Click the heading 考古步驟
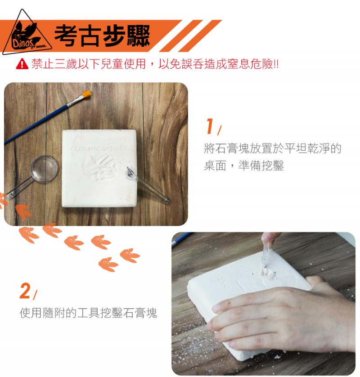[x=103, y=36]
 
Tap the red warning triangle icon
[x=22, y=64]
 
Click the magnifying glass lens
[x=45, y=169]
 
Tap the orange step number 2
[x=25, y=291]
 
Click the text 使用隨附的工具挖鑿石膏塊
[x=88, y=313]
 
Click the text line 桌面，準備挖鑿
[x=244, y=166]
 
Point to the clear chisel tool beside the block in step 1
[x=148, y=185]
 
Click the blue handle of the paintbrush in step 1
[x=36, y=124]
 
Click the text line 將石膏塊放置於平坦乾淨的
[x=273, y=148]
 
